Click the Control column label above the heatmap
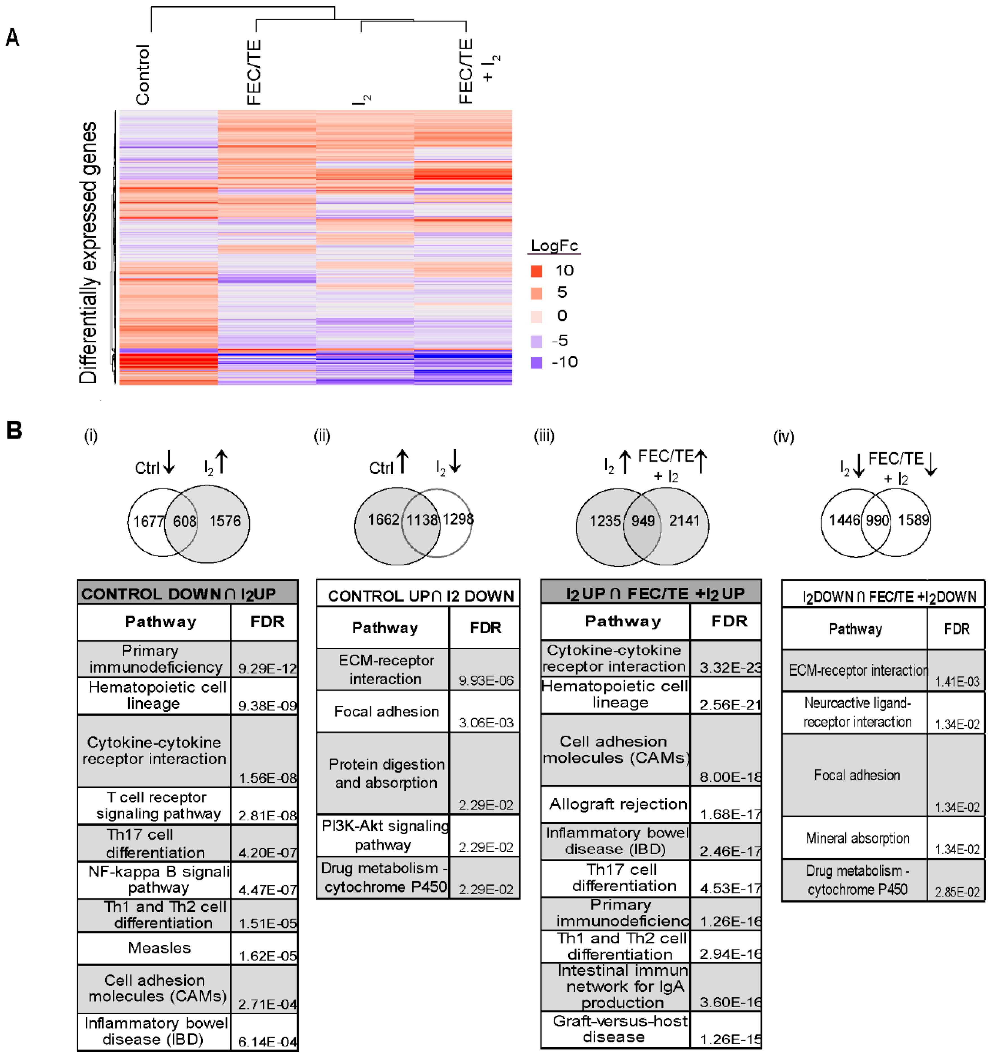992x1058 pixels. (143, 74)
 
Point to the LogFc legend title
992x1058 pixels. (554, 245)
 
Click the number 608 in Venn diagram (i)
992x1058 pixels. (184, 521)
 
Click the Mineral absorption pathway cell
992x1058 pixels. (857, 838)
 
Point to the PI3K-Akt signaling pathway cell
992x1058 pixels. (384, 835)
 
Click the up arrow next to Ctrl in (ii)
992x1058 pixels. (403, 461)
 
